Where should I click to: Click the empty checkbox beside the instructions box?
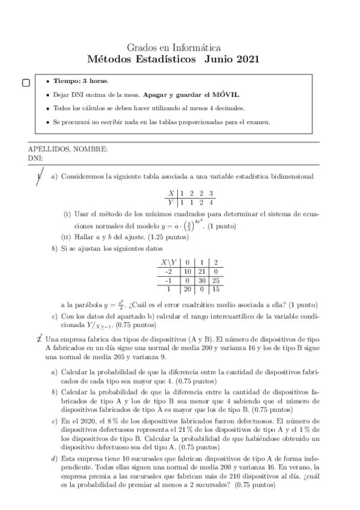point(26,83)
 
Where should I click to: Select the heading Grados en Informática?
point(174,48)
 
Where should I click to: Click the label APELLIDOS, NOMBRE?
point(68,149)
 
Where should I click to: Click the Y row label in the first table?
point(171,201)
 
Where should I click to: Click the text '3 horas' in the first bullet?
point(95,81)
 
